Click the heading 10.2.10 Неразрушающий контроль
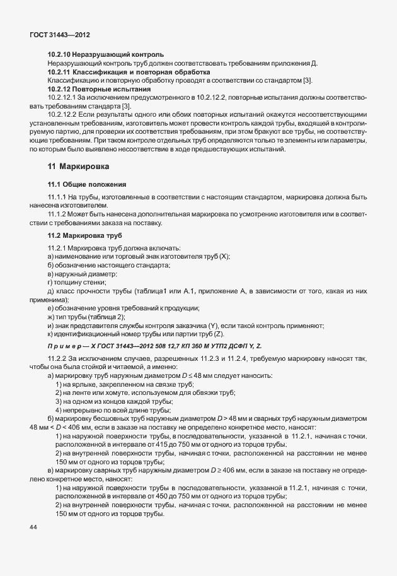pos(106,55)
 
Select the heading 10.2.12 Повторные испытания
pos(101,90)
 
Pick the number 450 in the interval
pos(174,497)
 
